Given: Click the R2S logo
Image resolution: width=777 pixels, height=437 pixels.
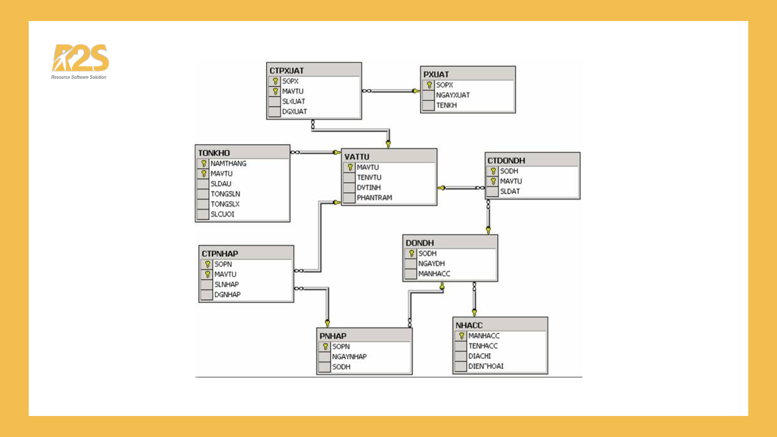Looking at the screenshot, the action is coord(80,61).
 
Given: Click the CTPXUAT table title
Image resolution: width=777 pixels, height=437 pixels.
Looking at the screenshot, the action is coord(287,70).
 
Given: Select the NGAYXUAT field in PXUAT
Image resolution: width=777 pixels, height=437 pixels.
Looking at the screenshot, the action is coord(453,95).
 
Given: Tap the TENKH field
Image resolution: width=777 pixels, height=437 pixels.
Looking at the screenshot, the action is coord(446,105).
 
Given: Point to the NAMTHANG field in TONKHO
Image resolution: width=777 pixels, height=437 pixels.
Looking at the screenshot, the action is coord(228,163).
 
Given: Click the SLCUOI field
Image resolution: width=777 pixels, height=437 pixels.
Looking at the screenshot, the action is coord(222,214).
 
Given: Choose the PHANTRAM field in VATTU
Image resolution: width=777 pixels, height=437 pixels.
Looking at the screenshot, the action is coord(374,197).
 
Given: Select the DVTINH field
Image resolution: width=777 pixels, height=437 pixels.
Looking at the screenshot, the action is coord(369,187).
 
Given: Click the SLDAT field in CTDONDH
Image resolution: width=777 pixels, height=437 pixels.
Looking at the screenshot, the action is coord(510,191).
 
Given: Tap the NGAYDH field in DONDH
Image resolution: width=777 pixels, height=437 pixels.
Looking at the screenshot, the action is coord(431,263).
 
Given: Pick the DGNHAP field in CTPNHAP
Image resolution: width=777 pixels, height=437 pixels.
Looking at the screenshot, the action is coord(227,295).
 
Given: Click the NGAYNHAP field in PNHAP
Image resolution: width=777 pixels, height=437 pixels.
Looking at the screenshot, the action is coord(349,356).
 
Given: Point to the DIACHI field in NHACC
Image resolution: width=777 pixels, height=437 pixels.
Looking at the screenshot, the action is coord(480,356).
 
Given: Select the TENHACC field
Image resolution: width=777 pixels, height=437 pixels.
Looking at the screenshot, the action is coord(483,346).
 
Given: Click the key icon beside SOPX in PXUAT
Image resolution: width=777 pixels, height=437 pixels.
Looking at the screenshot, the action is coord(429,85).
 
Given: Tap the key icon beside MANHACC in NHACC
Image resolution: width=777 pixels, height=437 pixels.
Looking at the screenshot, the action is coord(461,336).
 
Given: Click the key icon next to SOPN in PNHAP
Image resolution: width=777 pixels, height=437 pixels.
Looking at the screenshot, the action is coord(325,347).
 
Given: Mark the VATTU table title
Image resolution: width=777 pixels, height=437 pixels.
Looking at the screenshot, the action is coord(357,157).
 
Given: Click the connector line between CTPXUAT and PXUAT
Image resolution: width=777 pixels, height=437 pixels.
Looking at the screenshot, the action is coord(391,91).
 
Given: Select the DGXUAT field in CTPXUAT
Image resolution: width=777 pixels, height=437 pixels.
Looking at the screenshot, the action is coord(295,112).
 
